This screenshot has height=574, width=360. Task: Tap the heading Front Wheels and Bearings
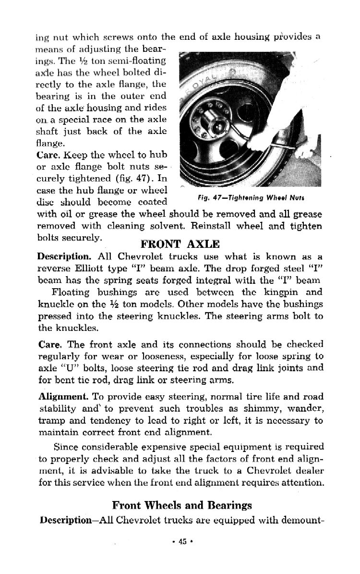point(181,505)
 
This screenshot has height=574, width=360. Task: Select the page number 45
point(182,541)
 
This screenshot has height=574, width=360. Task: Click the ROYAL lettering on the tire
point(202,82)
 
